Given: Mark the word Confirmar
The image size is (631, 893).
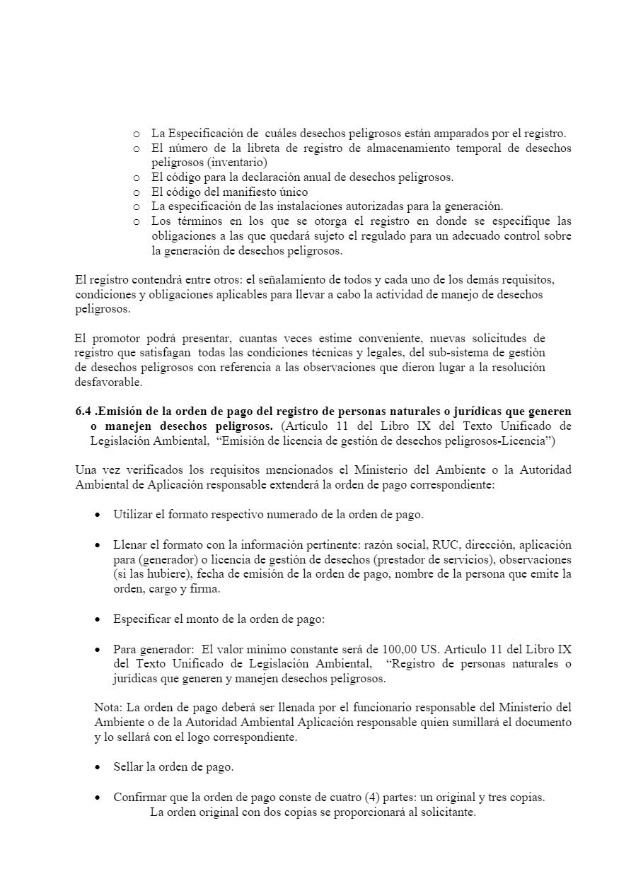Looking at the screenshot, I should click(x=139, y=797).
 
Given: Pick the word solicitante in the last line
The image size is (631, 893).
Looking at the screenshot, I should click(x=448, y=812).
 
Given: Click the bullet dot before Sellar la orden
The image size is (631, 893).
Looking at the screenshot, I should click(x=98, y=767).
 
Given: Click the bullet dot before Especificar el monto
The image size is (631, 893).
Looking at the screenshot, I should click(x=98, y=619).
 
